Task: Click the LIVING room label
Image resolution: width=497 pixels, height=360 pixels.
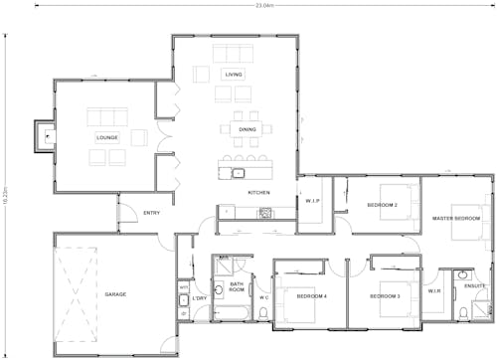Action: (x=234, y=74)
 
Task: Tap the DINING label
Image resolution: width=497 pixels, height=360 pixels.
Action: (x=248, y=129)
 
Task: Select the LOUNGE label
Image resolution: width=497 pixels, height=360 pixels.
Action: (x=107, y=137)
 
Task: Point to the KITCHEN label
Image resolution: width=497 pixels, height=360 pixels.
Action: (x=258, y=192)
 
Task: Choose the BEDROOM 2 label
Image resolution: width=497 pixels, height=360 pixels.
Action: (x=383, y=205)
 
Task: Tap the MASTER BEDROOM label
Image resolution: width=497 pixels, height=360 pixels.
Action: (x=456, y=218)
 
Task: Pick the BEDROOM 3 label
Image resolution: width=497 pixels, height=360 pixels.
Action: (x=384, y=296)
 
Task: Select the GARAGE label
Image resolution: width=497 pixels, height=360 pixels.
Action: (x=115, y=294)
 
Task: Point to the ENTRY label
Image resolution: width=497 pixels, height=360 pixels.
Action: (x=151, y=213)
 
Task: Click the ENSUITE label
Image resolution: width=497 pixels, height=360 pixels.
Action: (x=475, y=286)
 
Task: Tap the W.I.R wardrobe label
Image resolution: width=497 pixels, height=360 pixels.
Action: (x=433, y=291)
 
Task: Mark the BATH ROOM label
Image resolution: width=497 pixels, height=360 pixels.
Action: (x=237, y=286)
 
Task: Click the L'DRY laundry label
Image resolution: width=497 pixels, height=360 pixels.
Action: (x=199, y=297)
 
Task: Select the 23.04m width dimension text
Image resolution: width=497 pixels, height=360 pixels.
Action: (x=264, y=5)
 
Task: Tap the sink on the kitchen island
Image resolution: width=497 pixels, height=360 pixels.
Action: (x=239, y=173)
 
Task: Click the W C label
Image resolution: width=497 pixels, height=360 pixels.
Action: (x=264, y=297)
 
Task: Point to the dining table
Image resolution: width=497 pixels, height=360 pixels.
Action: (x=248, y=128)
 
